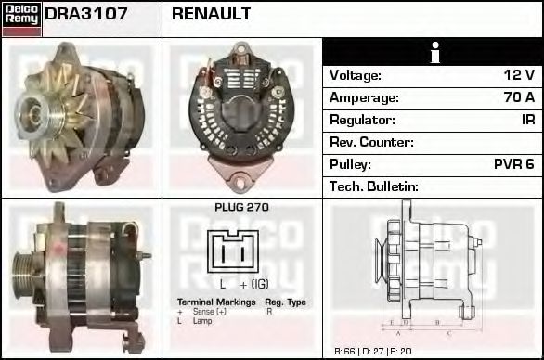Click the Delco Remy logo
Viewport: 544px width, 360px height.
[21, 19]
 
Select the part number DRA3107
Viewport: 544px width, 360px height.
[86, 14]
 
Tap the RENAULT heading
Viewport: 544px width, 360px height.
[212, 14]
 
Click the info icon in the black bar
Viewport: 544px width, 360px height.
[433, 52]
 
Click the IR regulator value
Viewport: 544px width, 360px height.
[527, 120]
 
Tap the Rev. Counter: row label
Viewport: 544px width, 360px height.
[372, 142]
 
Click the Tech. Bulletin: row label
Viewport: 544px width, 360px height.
[374, 186]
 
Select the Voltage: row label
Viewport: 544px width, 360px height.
[356, 75]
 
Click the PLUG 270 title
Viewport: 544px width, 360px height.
[241, 208]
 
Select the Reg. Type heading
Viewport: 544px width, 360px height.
[285, 302]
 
